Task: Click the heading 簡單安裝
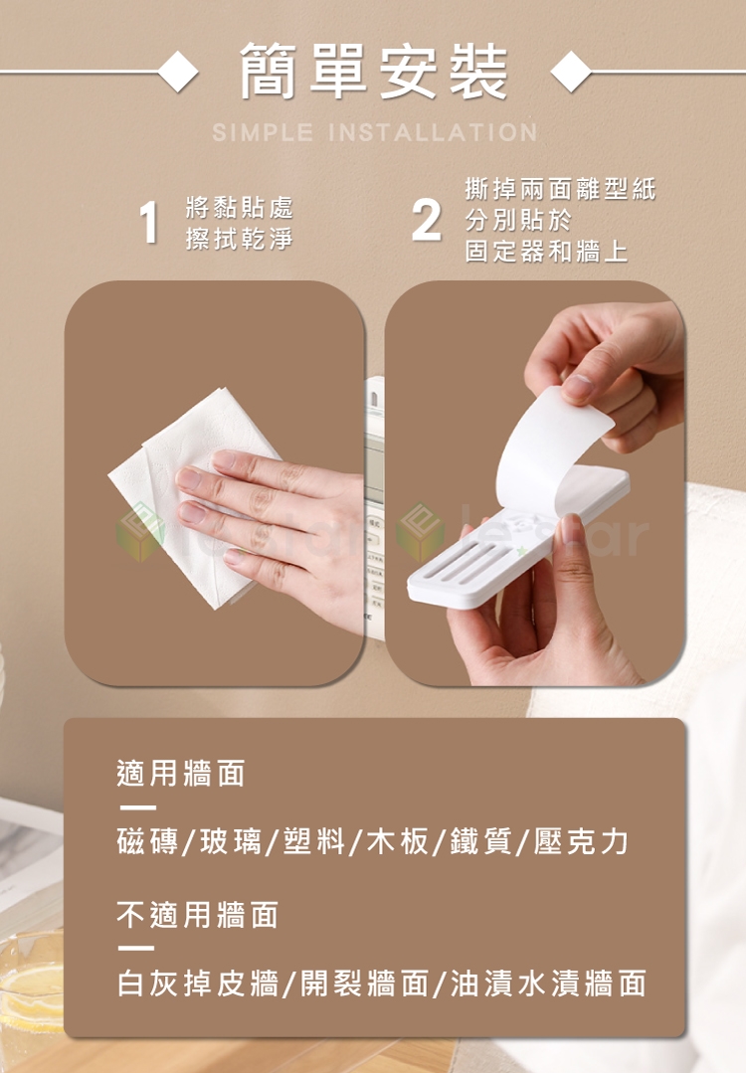pos(374,72)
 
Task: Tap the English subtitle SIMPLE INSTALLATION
pos(375,132)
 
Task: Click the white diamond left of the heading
pos(178,72)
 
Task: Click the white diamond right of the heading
pos(571,72)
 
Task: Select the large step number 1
pos(148,223)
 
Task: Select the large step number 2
pos(427,221)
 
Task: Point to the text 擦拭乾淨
pos(239,239)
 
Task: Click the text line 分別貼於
pos(518,221)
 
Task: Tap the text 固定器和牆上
pos(546,252)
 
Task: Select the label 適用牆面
pos(181,774)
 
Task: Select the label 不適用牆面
pos(197,915)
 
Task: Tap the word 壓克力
pos(580,841)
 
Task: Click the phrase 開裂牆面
pos(365,984)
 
